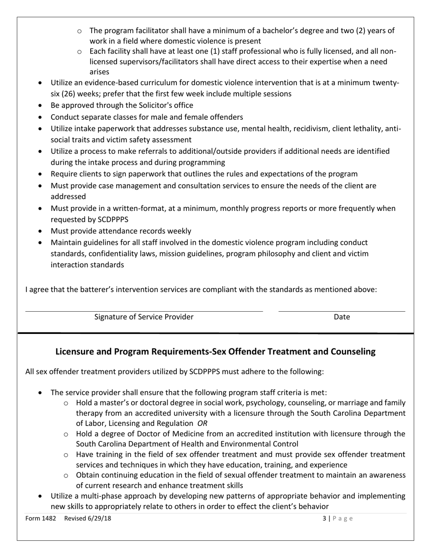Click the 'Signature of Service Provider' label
pos(143,317)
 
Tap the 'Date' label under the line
pos(342,317)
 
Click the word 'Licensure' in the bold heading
pos(74,352)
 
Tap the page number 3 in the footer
pos(324,518)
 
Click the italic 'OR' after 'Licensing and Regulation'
pos(202,423)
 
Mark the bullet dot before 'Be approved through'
pos(41,105)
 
